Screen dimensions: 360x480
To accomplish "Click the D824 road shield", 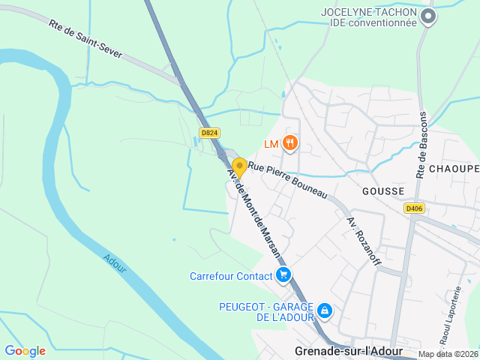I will click(x=209, y=133).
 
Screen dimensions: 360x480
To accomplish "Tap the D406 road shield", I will click(x=413, y=208).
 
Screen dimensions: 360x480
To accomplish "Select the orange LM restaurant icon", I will click(x=290, y=143).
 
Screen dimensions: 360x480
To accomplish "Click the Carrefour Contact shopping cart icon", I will click(x=283, y=275).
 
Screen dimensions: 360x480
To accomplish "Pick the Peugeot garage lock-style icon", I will click(x=324, y=310).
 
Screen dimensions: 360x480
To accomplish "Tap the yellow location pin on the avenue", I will click(x=239, y=168).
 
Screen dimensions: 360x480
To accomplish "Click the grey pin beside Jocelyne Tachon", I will click(x=427, y=16).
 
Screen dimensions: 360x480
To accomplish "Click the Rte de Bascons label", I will click(x=421, y=145).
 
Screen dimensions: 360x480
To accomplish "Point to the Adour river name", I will click(x=115, y=262).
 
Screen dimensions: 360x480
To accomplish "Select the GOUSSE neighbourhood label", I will click(x=383, y=191).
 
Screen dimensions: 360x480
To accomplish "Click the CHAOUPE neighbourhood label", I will click(x=454, y=169).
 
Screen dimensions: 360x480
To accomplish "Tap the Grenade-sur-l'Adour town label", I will click(x=349, y=351).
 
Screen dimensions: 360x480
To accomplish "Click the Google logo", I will click(x=25, y=351).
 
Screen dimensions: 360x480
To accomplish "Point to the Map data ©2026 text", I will click(x=448, y=354).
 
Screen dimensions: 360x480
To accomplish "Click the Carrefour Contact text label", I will click(x=231, y=276).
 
